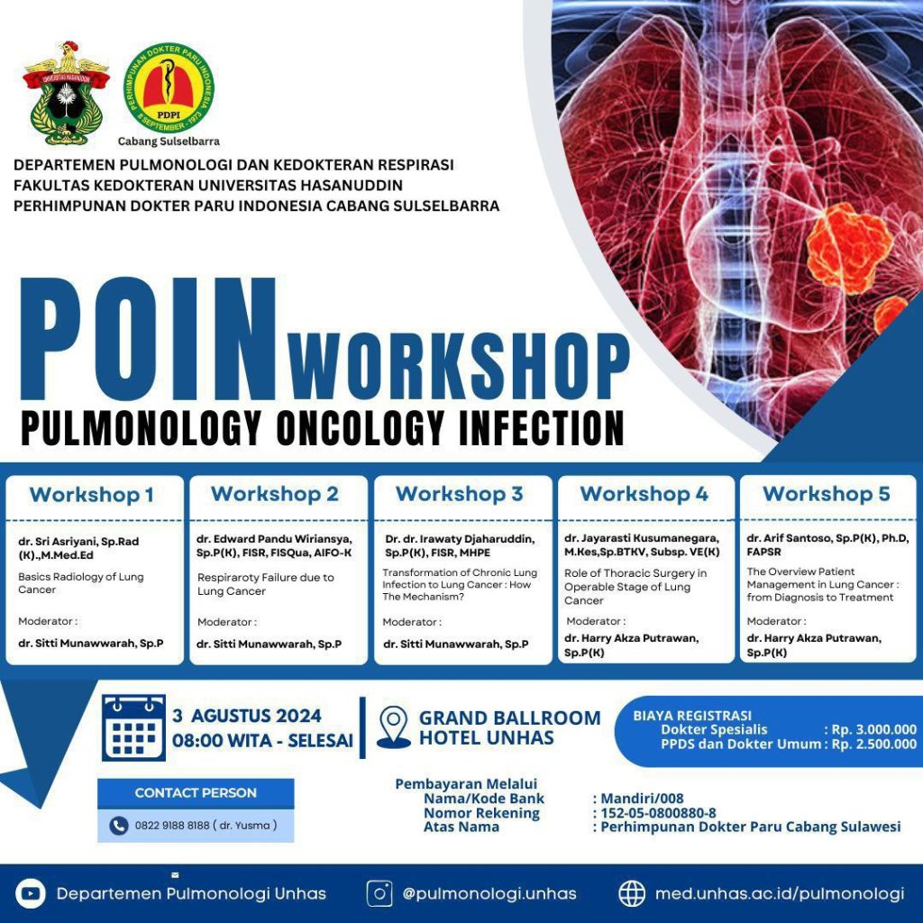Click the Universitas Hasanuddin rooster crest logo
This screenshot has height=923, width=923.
[x=66, y=93]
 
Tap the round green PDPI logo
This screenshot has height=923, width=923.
[x=169, y=88]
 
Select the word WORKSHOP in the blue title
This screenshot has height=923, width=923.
[x=458, y=363]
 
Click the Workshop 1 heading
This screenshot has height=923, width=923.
[x=92, y=494]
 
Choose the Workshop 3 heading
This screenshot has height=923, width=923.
[x=459, y=494]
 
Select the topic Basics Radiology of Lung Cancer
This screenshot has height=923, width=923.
[x=81, y=583]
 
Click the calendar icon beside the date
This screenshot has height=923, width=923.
[x=133, y=727]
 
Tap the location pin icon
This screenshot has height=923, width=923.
[x=393, y=727]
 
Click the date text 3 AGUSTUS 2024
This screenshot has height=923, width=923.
[x=247, y=717]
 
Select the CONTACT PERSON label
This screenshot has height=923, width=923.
[x=196, y=793]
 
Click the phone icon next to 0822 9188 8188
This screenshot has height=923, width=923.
[x=118, y=825]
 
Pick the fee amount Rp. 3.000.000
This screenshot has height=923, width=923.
[x=873, y=729]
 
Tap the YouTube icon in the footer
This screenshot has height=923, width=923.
[x=30, y=893]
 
